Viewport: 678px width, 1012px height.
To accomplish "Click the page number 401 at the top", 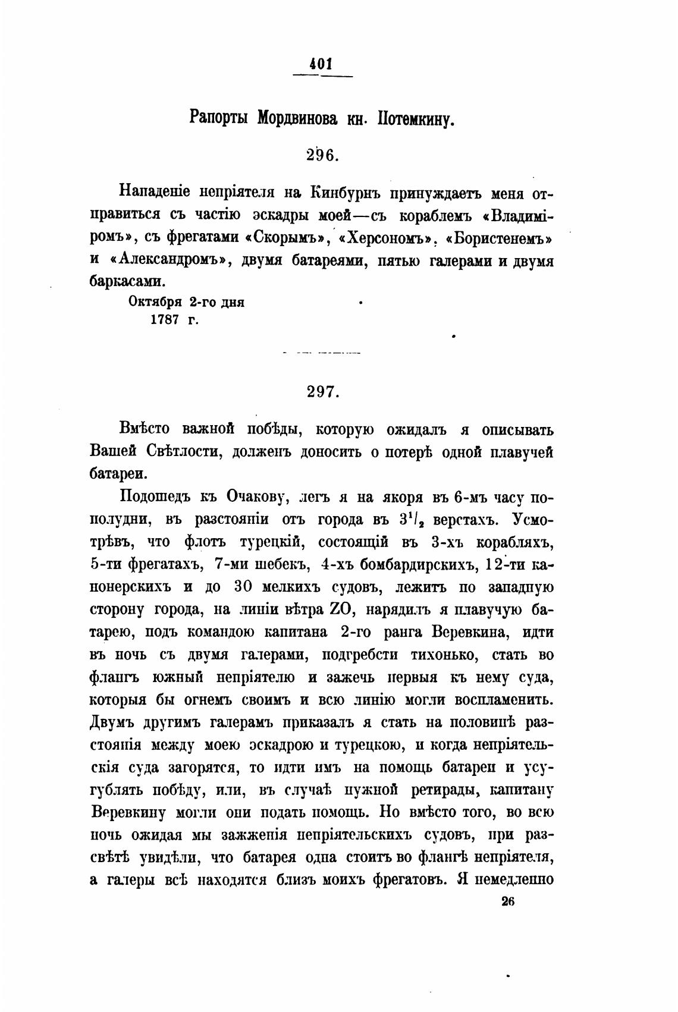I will pyautogui.click(x=322, y=64).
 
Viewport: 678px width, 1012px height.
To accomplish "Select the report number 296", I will pyautogui.click(x=322, y=155).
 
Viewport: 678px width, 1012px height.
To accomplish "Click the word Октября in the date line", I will pyautogui.click(x=156, y=301).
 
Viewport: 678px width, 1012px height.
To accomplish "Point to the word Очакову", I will pyautogui.click(x=256, y=497).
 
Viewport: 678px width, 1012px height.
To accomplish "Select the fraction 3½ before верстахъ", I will pyautogui.click(x=415, y=520).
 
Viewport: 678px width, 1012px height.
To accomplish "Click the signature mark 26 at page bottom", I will pyautogui.click(x=507, y=901).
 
